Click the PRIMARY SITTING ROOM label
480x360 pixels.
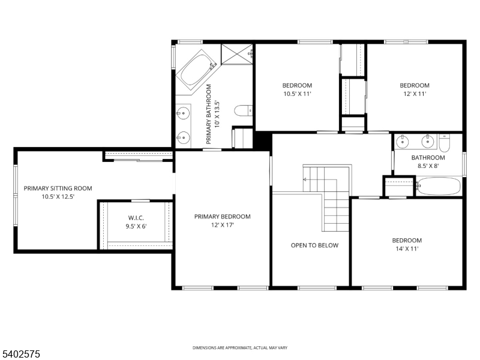point(58,188)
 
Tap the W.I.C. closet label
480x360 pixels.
point(137,218)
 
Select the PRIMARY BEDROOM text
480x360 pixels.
point(222,217)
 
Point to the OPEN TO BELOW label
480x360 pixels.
point(314,245)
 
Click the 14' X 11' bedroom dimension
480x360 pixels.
point(407,248)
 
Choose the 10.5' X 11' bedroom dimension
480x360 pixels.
point(298,94)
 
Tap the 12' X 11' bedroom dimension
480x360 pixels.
point(415,94)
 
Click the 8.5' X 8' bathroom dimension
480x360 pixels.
point(428,166)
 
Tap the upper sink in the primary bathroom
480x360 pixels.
point(183,112)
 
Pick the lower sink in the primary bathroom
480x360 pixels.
point(183,137)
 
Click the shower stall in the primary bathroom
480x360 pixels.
point(237,53)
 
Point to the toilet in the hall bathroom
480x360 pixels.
point(445,143)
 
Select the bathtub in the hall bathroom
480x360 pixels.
point(439,186)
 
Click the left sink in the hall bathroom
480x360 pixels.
point(403,142)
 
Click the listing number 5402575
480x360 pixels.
point(21,355)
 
